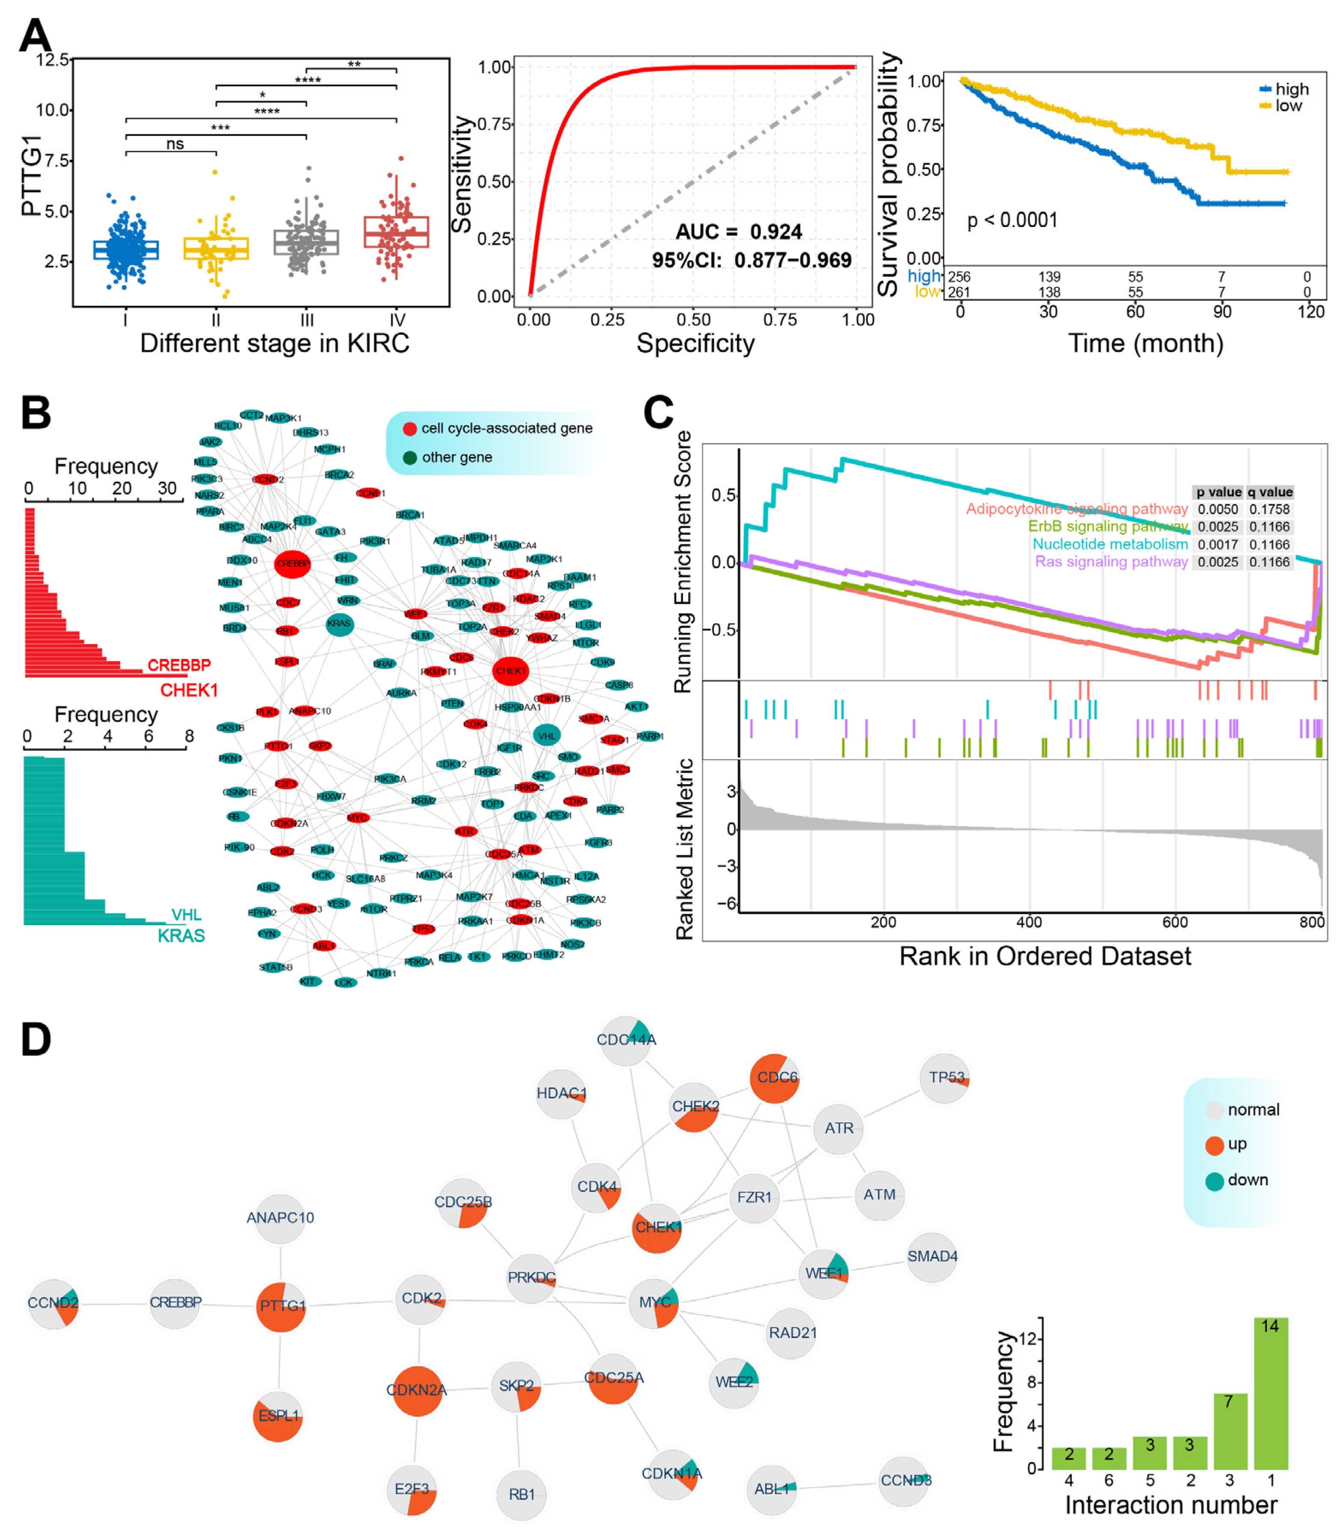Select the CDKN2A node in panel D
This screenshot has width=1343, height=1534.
pos(417,1391)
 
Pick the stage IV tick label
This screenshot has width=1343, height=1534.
pos(397,320)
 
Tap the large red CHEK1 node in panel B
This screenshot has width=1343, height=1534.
pos(511,671)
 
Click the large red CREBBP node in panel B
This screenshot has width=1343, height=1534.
pos(292,564)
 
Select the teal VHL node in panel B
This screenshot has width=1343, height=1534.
pos(547,735)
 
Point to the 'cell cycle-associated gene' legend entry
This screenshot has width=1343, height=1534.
pos(498,428)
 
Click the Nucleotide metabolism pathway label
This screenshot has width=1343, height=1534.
pos(1109,544)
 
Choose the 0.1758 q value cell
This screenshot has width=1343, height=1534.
pos(1269,509)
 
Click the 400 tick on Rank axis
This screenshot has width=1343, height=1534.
pos(1028,922)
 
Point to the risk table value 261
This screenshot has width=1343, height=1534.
pos(959,292)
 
